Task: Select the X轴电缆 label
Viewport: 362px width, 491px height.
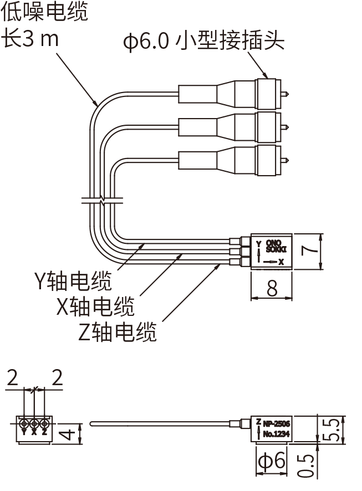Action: click(95, 306)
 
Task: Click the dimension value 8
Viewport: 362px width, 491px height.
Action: click(272, 288)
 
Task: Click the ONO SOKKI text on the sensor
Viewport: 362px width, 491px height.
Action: click(274, 245)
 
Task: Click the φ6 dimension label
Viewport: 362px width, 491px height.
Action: click(272, 461)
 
